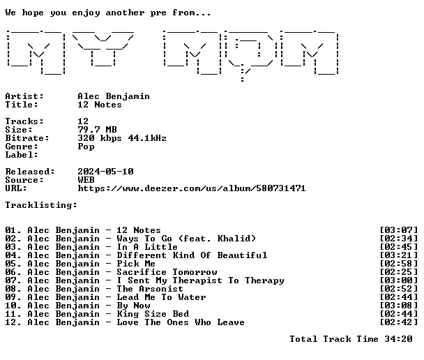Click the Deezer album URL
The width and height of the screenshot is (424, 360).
coord(192,188)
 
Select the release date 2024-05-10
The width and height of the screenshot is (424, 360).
coord(105,172)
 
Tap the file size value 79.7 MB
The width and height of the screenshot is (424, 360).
coord(98,130)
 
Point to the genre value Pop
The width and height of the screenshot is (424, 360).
coord(86,147)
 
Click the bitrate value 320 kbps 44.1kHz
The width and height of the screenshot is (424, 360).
coord(122,138)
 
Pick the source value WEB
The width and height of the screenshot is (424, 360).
coord(86,180)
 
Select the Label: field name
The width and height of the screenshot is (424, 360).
coord(22,155)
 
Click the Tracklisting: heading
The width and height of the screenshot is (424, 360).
coord(41,205)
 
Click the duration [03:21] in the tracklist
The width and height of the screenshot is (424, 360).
coord(399,255)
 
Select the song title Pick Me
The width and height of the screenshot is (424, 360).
coord(136,264)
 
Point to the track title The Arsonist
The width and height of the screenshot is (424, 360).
coord(150,289)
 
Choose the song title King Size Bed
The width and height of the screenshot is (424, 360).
coord(153,314)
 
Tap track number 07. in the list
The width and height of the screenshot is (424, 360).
coord(13,280)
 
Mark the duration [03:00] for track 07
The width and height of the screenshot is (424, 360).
coord(399,280)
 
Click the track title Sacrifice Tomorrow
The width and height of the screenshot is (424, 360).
coord(167,272)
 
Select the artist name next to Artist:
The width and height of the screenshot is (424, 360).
coord(114,96)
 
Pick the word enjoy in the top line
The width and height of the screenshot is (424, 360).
coord(86,13)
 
